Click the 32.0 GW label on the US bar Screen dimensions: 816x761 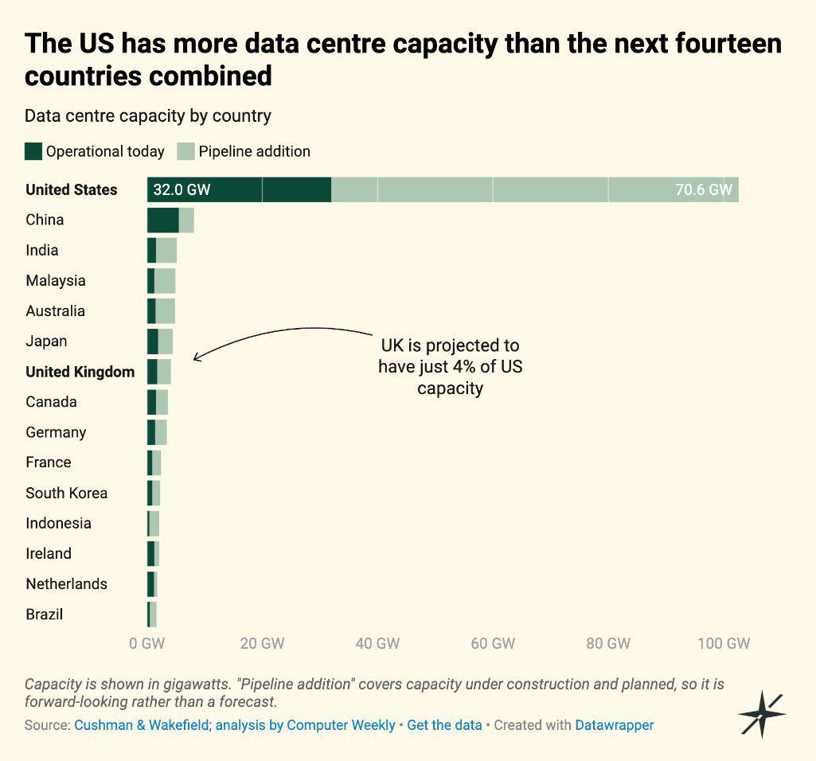182,189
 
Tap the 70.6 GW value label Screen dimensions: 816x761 704,189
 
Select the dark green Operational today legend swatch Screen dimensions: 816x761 33,151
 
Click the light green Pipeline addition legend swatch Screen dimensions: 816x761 185,151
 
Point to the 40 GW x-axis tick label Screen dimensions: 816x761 377,643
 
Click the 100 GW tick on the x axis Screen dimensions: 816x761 724,643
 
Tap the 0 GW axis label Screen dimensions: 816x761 146,643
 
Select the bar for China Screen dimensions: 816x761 170,220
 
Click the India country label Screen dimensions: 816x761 42,251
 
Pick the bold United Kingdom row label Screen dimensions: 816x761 80,372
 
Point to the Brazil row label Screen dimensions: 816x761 45,615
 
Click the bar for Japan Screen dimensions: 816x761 160,341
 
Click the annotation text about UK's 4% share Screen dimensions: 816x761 450,366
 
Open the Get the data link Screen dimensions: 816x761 444,725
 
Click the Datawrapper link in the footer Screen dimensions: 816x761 614,725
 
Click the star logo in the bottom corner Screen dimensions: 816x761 762,714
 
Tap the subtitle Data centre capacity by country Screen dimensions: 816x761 148,115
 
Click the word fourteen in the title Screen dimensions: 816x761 728,43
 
